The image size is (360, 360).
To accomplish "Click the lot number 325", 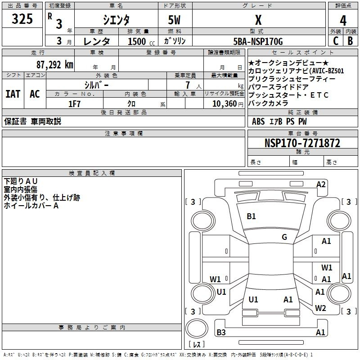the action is tap(22, 19).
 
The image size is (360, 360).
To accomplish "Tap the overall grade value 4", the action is tap(343, 20).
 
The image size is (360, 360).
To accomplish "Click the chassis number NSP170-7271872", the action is tap(302, 143).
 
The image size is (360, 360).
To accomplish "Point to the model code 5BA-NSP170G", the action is tap(258, 41).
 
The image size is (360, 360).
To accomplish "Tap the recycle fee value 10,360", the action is tap(224, 104).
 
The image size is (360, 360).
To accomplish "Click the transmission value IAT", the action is tap(13, 94).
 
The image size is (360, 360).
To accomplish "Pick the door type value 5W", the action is tap(175, 20).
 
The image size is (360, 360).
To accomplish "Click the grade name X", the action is tap(258, 20).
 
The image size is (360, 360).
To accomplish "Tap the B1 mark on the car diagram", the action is tap(251, 216).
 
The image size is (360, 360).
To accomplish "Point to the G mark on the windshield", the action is tap(284, 237).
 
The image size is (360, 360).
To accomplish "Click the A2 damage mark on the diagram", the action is tap(321, 184).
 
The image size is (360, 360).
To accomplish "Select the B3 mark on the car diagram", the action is tap(221, 333).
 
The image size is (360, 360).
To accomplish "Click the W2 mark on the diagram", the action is tap(320, 308).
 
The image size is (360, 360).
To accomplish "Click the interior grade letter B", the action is tap(350, 41).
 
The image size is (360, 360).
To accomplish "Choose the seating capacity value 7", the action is tap(186, 85).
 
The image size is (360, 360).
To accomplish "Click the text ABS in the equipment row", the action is tap(258, 121).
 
